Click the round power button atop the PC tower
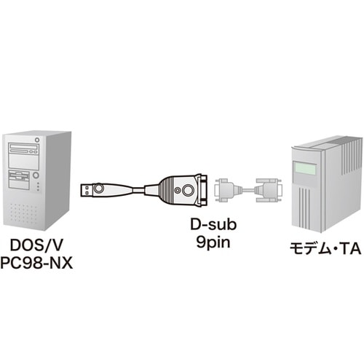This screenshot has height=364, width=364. point(36,139)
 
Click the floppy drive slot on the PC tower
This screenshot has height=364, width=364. point(19,173)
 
